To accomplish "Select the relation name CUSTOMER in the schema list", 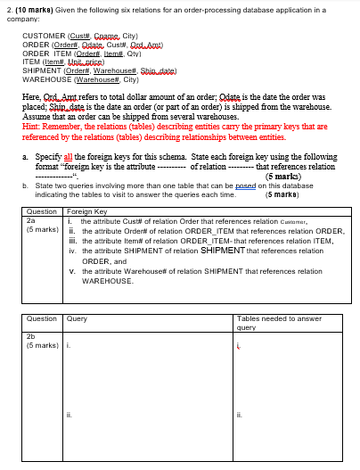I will click(x=43, y=36).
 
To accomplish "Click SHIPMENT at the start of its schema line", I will click(x=41, y=70).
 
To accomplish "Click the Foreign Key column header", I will click(x=86, y=211).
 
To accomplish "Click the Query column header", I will click(x=77, y=318).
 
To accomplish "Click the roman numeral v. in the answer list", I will click(x=72, y=270).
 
